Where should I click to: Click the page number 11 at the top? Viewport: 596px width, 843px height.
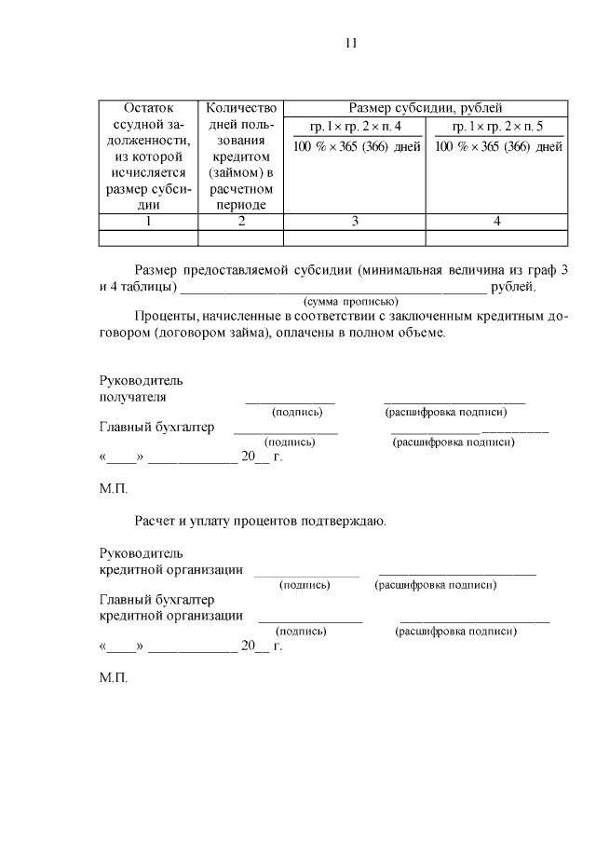(351, 43)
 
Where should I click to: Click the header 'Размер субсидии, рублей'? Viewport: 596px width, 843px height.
(425, 108)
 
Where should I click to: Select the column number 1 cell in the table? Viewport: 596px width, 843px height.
(148, 221)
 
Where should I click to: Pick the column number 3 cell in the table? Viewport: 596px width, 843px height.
(354, 221)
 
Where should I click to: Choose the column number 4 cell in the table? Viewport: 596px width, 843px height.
(496, 221)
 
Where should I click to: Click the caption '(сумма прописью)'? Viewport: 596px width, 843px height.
(351, 301)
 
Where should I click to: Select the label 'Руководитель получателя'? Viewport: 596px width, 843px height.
(142, 388)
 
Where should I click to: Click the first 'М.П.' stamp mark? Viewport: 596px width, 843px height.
(113, 488)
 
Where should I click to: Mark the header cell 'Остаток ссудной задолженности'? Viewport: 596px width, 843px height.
(148, 156)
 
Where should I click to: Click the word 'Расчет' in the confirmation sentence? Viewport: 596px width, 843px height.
(155, 521)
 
